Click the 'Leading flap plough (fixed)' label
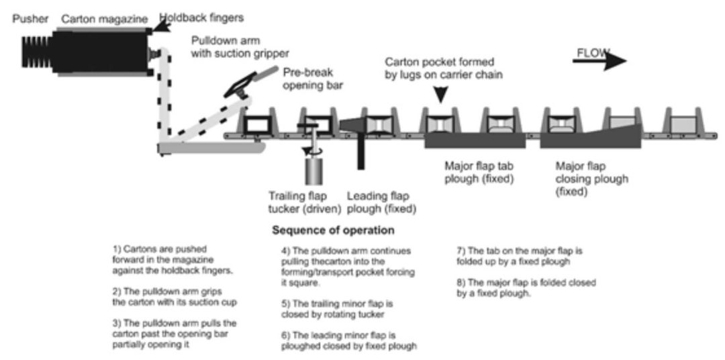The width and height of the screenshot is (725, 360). tap(381, 202)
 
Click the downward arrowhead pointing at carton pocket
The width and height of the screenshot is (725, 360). tap(439, 95)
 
